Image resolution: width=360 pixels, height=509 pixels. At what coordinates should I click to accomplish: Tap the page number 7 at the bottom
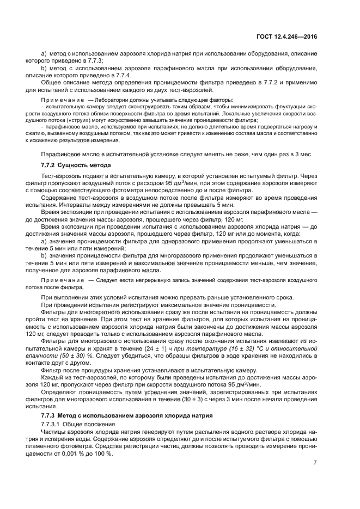[x=315, y=463]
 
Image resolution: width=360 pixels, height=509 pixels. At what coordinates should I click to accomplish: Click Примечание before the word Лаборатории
[x=60, y=100]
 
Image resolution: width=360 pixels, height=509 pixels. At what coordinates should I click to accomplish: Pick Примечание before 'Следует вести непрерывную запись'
[x=60, y=279]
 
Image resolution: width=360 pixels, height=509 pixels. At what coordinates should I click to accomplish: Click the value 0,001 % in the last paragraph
[x=70, y=453]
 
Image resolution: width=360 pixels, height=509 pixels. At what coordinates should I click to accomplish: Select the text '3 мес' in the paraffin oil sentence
[x=303, y=154]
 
